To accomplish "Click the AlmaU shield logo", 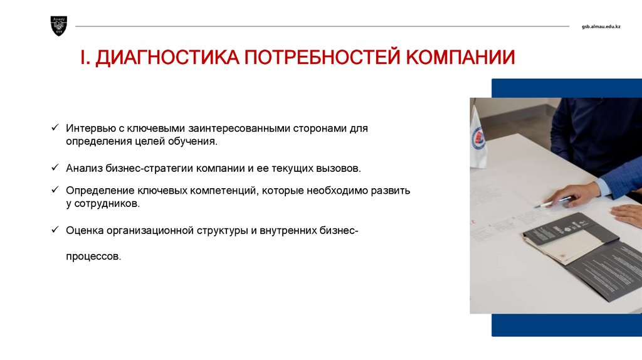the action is pos(58,26).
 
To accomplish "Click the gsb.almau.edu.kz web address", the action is pos(601,26).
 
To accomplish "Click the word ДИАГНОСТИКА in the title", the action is pos(167,57).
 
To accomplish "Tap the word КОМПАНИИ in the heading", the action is pos(460,57).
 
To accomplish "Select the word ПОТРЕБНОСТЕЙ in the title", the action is pos(322,57).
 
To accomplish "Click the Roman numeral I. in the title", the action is pos(85,57).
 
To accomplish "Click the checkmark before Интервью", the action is pos(55,127).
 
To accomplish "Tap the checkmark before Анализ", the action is pos(55,167).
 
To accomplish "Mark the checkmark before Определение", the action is pos(55,189).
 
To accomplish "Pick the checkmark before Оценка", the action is pos(55,230).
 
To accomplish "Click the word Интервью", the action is pos(91,128).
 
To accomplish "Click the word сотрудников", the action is pos(107,204).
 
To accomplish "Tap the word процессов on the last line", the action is pos(93,257).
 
